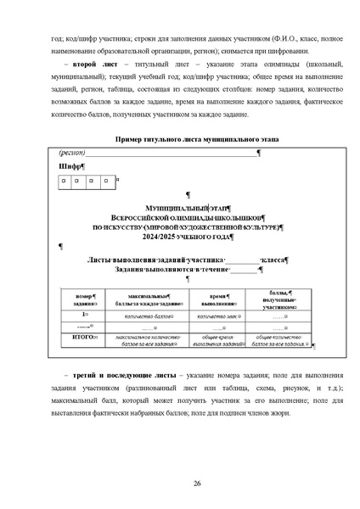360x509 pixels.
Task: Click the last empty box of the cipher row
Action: [x=104, y=181]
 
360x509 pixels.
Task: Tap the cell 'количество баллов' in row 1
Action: [x=145, y=315]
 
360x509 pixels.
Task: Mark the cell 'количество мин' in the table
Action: [x=216, y=315]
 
